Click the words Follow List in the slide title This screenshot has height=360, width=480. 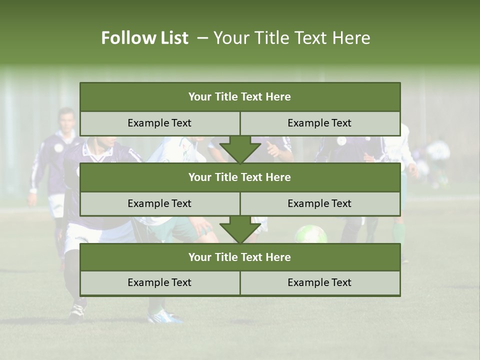[x=144, y=38]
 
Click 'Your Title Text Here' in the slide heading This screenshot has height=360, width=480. [x=291, y=38]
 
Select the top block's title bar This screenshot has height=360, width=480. [x=240, y=97]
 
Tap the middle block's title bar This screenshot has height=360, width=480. [x=240, y=177]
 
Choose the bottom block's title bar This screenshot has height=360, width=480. [x=240, y=257]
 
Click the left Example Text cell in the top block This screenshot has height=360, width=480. [x=159, y=123]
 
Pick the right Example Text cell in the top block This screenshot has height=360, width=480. [x=319, y=123]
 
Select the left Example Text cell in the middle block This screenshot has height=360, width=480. [x=159, y=203]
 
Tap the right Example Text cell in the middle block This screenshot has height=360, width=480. [x=319, y=203]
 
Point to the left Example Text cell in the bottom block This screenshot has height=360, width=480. [x=159, y=282]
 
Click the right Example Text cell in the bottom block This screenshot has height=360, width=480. [x=319, y=282]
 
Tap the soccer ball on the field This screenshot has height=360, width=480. [x=310, y=234]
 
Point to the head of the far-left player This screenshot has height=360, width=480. [x=65, y=119]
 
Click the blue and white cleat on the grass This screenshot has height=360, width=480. [x=165, y=316]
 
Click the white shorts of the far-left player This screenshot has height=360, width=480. [x=56, y=205]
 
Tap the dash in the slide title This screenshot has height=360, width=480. [x=202, y=38]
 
